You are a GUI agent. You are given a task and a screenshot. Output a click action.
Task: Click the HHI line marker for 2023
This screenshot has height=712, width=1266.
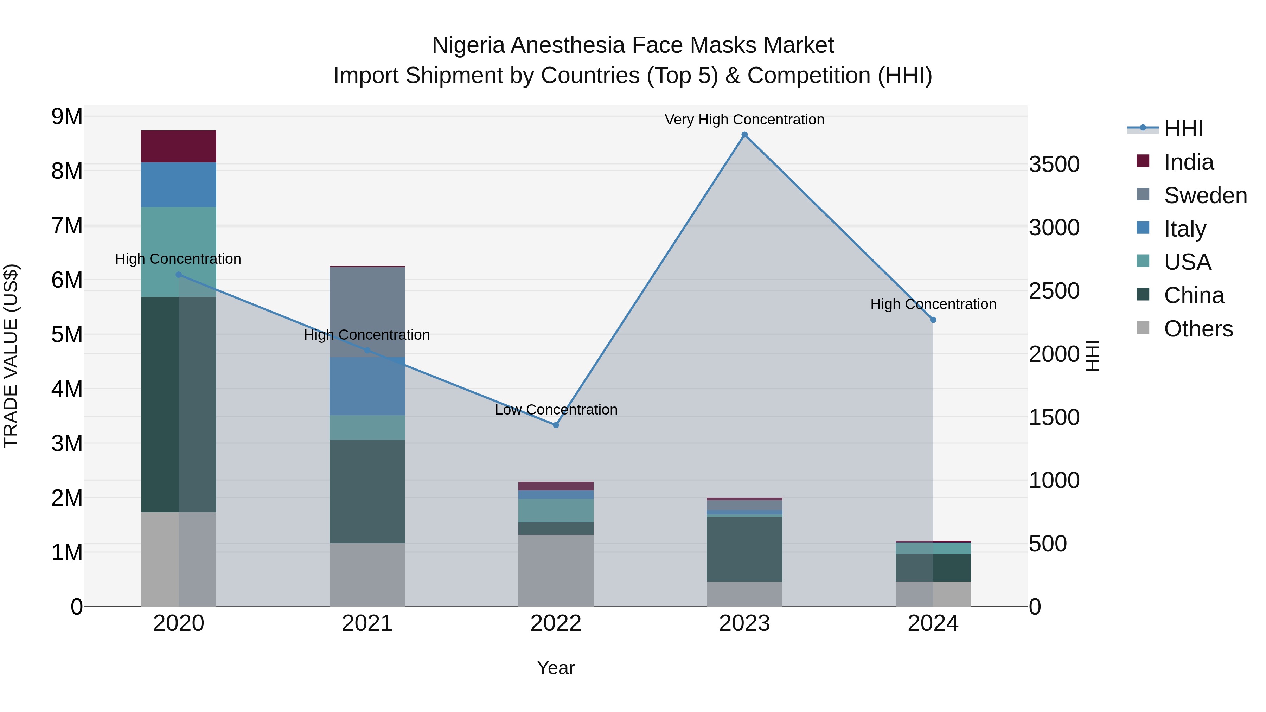(744, 135)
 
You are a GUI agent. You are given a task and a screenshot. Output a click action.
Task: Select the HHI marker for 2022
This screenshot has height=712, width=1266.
(556, 425)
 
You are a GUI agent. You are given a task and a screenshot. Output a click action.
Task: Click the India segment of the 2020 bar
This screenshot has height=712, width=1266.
(178, 146)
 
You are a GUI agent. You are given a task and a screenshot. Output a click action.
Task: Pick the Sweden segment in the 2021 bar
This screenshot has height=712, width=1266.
(367, 312)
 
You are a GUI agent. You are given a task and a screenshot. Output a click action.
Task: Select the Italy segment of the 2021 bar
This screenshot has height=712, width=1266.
(367, 386)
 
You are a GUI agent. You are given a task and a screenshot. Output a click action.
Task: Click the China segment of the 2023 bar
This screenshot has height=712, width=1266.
(744, 549)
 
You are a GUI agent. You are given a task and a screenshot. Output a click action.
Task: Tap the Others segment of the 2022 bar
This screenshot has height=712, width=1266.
(556, 570)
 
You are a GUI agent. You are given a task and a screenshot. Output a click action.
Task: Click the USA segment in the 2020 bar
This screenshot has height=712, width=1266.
(178, 252)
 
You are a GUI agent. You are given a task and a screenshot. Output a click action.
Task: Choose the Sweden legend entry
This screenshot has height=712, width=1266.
(1205, 195)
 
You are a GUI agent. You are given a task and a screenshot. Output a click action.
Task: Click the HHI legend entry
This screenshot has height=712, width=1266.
(1183, 129)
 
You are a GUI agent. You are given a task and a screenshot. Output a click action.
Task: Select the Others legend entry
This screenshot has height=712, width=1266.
(1198, 329)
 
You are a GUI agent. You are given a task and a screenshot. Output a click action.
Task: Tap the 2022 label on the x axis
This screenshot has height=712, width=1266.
(556, 623)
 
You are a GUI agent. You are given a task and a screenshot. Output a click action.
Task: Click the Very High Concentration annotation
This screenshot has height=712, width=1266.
(744, 120)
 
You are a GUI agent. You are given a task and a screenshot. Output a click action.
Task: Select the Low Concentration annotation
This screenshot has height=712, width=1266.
(556, 409)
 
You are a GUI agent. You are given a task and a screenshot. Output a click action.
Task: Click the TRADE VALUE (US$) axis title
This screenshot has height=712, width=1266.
(11, 356)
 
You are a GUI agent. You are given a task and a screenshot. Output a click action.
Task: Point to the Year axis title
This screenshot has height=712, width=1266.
(556, 668)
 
